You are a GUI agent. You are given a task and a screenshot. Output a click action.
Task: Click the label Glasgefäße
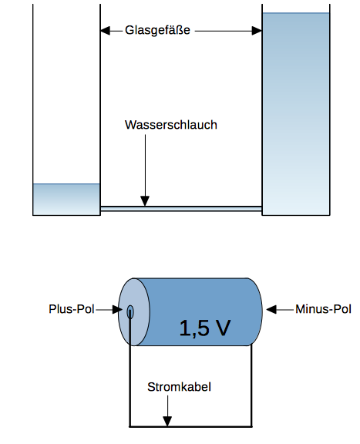pyautogui.click(x=157, y=31)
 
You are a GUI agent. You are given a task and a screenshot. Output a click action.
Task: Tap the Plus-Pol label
pyautogui.click(x=72, y=310)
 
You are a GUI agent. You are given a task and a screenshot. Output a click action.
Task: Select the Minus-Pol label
pyautogui.click(x=323, y=310)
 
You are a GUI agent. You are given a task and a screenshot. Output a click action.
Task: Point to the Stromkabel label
pyautogui.click(x=179, y=387)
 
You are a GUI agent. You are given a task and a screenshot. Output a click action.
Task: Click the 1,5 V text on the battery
pyautogui.click(x=204, y=328)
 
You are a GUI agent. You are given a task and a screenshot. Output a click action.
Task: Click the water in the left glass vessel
pyautogui.click(x=66, y=199)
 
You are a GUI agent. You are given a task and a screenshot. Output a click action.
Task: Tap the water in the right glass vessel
pyautogui.click(x=296, y=116)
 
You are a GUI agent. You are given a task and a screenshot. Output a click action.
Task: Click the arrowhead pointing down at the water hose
pyautogui.click(x=145, y=202)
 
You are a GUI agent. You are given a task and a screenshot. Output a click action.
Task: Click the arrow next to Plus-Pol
pyautogui.click(x=116, y=310)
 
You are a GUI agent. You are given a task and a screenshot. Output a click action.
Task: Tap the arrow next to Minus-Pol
pyautogui.click(x=274, y=310)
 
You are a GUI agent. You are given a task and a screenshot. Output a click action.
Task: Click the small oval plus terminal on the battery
pyautogui.click(x=130, y=311)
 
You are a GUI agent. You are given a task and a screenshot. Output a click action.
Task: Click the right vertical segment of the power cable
pyautogui.click(x=252, y=385)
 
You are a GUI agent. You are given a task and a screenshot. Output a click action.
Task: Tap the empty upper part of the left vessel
pyautogui.click(x=66, y=92)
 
